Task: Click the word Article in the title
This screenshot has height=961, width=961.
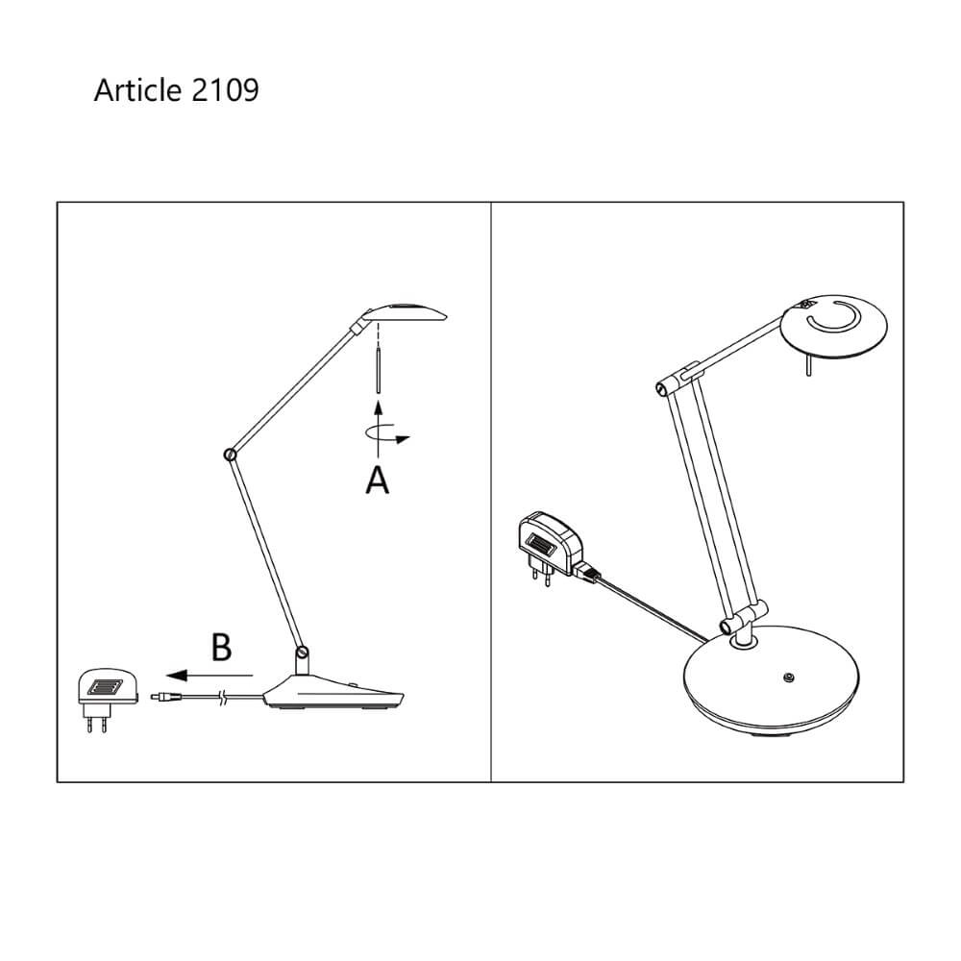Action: [136, 90]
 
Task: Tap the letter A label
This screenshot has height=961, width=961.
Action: [378, 480]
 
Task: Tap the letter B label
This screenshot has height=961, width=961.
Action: [221, 647]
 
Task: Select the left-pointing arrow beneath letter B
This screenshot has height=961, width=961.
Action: [207, 676]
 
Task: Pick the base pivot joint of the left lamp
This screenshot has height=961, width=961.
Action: [303, 654]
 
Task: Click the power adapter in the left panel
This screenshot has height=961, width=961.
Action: [102, 692]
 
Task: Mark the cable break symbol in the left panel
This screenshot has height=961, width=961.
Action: [223, 699]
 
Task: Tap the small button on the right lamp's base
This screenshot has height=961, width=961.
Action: [789, 678]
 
